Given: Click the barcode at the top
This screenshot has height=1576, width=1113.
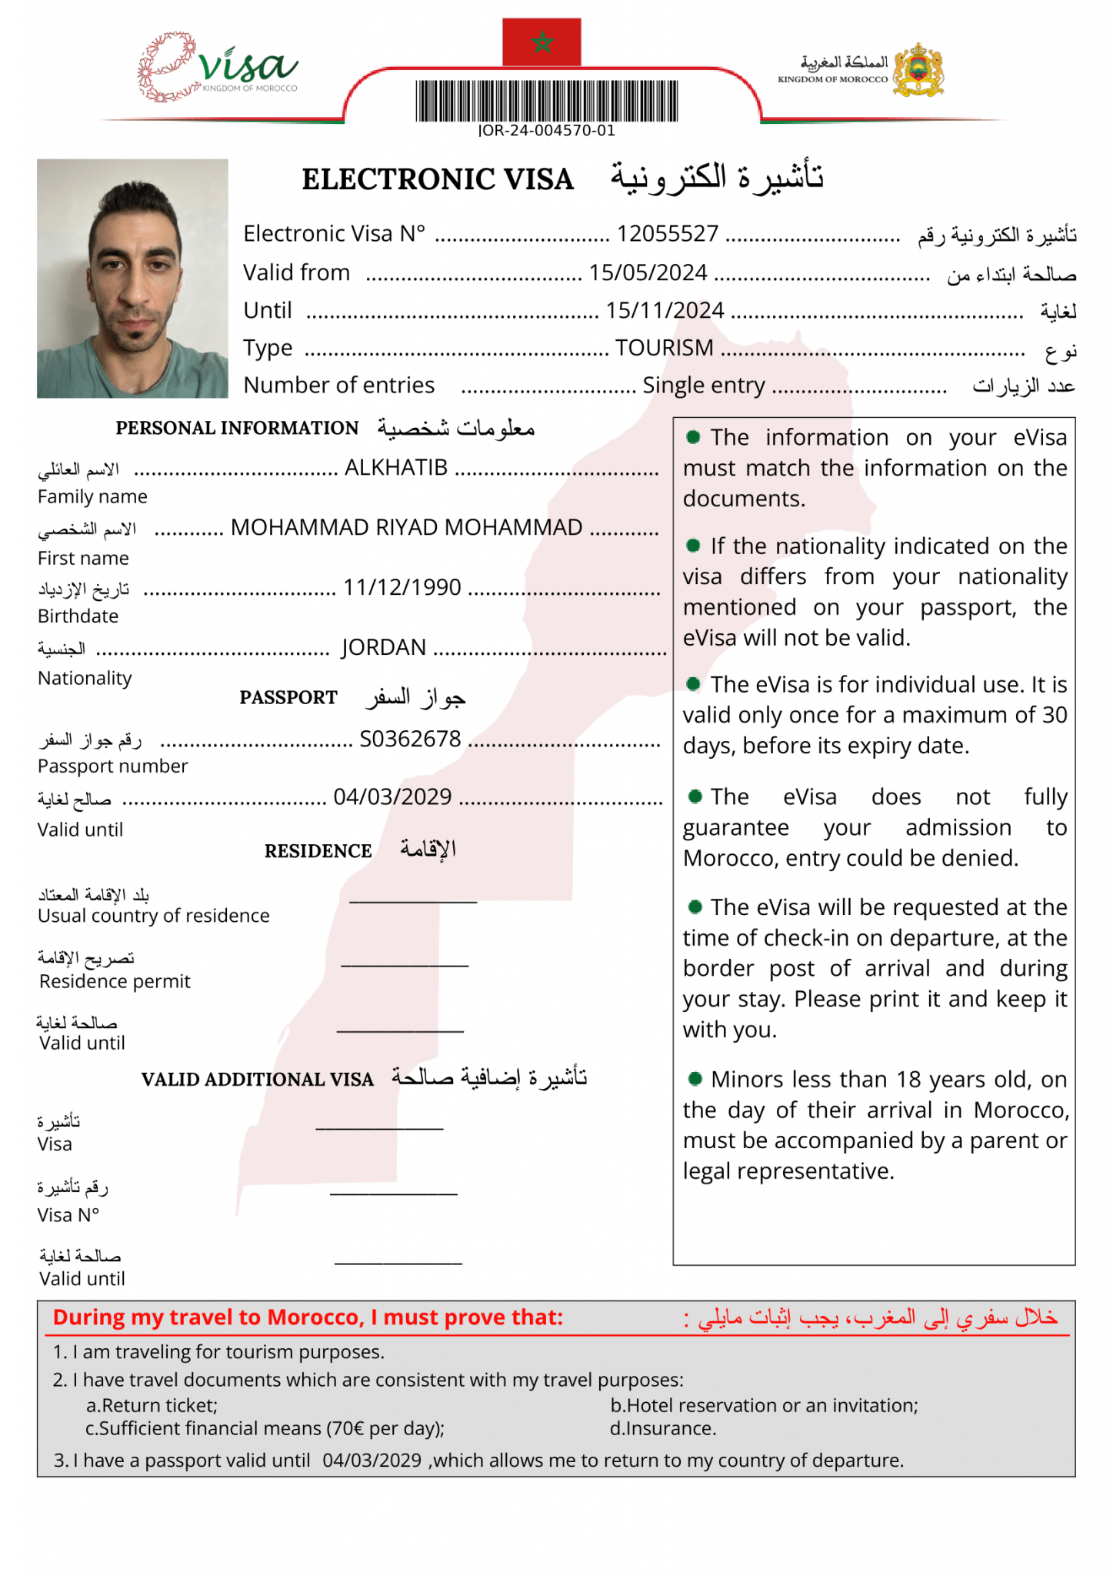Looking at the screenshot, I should click(547, 102).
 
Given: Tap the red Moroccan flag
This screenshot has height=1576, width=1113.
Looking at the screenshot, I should click(542, 42).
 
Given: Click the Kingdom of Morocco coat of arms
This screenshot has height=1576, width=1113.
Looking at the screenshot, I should click(918, 70).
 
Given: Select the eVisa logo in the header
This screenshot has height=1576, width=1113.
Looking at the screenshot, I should click(218, 68).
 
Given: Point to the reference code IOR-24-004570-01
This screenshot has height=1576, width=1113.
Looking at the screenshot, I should click(547, 131).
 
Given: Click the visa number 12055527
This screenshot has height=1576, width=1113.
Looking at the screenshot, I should click(667, 233).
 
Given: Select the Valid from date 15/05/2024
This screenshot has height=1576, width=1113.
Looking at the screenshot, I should click(648, 272).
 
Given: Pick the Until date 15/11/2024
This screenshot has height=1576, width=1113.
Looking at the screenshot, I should click(665, 310).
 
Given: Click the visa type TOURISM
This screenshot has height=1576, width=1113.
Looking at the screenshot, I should click(664, 348).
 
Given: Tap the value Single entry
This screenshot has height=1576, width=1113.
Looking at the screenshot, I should click(703, 385).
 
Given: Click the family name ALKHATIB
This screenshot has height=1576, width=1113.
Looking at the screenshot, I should click(395, 467).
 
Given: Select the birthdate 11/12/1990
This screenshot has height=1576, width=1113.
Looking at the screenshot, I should click(402, 587).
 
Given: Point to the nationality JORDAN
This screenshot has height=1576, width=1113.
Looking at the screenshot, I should click(383, 647).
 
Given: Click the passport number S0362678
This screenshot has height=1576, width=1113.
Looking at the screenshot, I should click(410, 739).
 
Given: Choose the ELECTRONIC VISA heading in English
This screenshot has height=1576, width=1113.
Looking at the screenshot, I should click(437, 179).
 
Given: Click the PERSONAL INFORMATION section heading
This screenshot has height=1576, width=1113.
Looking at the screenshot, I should click(237, 428).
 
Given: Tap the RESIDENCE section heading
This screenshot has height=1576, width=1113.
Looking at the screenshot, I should click(318, 851).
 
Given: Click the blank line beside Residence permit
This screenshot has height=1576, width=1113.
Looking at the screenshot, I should click(404, 964).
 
